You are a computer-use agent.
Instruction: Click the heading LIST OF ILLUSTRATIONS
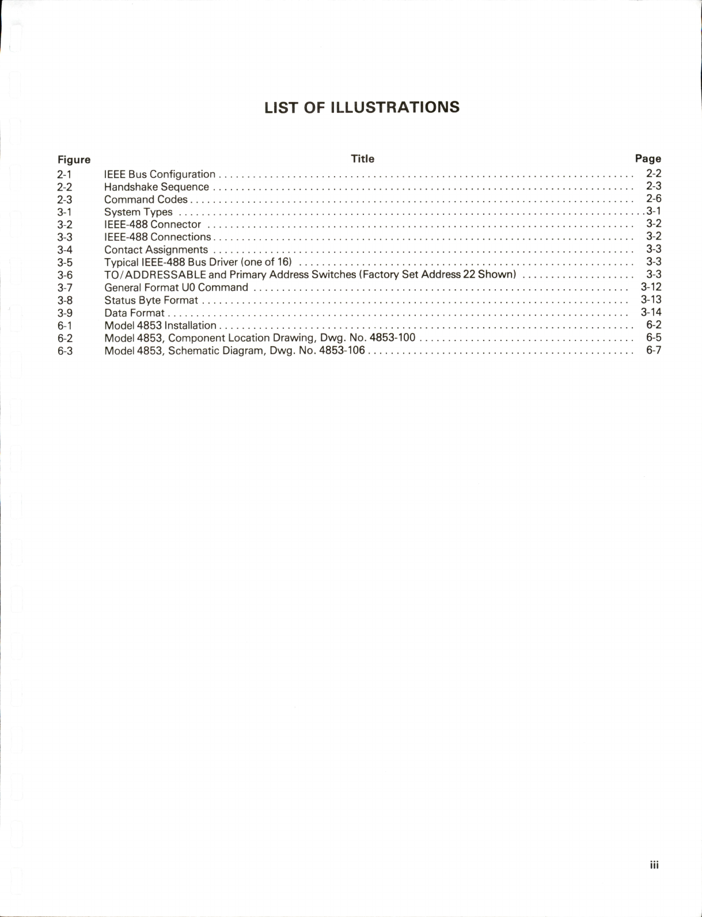coord(362,108)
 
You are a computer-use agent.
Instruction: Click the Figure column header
coord(74,160)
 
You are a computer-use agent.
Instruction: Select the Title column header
coord(362,158)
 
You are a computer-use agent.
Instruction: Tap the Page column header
coord(648,158)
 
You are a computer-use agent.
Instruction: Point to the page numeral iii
coord(654,865)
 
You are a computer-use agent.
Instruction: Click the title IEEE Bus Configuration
coord(160,174)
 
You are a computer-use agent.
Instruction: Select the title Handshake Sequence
coord(156,187)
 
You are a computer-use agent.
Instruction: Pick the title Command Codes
coord(146,199)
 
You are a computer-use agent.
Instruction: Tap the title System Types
coord(138,212)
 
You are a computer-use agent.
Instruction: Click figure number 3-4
coord(64,249)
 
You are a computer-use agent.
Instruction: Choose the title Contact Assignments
coord(155,249)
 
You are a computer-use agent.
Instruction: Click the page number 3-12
coord(651,287)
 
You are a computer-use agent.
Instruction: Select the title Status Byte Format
coord(151,300)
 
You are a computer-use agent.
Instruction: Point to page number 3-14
coord(651,312)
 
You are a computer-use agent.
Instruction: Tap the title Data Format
coord(134,313)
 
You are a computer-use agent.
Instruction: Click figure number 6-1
coord(64,325)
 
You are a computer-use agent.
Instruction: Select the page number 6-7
coord(654,350)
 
